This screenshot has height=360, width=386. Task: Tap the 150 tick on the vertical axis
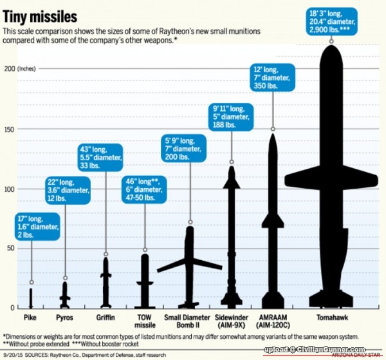coord(10,128)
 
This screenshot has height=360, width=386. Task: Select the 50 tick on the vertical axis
coord(10,248)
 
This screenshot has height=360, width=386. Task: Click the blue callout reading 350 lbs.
coord(273,77)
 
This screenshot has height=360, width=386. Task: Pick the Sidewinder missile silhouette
coord(231,238)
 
